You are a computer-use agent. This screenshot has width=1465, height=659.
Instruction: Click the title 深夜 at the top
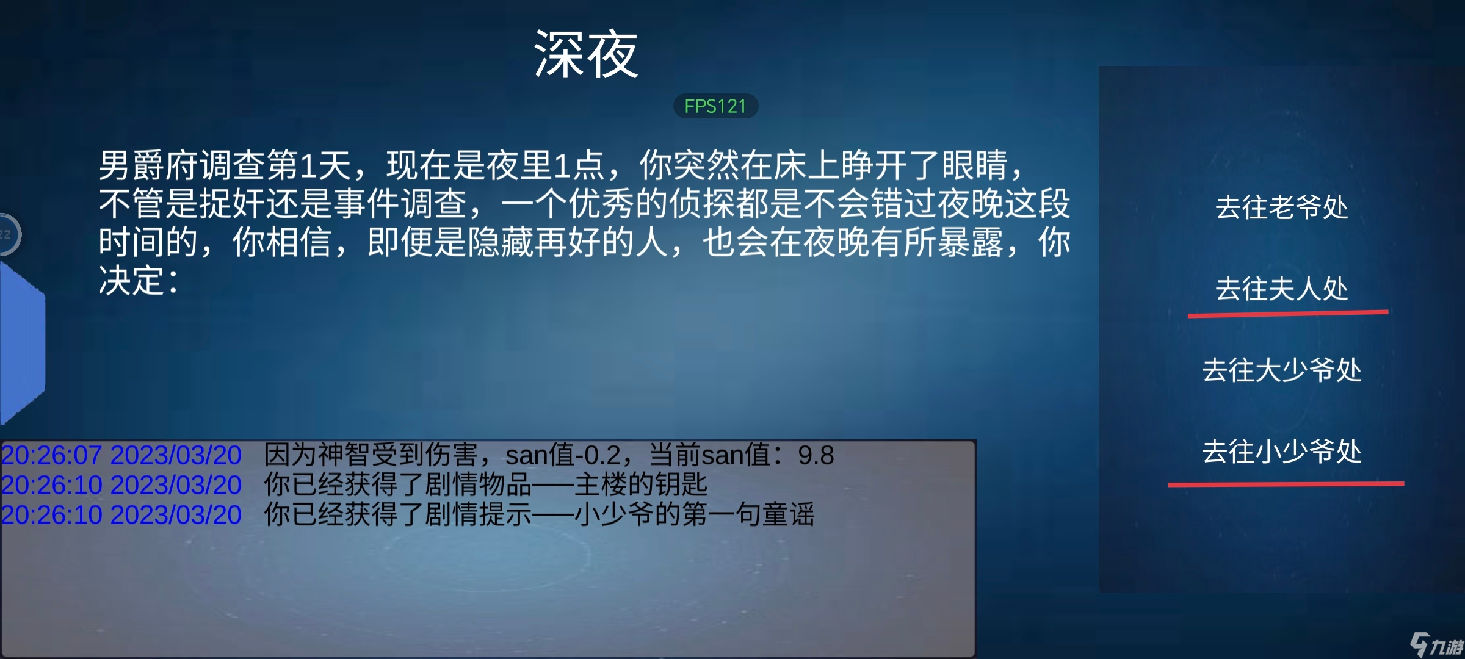586,55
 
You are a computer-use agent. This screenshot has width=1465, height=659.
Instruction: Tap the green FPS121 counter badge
715,106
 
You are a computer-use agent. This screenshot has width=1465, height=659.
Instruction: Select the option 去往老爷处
1281,207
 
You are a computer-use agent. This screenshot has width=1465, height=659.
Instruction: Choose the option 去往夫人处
1281,288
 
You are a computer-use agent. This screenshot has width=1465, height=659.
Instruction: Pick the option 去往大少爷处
1281,370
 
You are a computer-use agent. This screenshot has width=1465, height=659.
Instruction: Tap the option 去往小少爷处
1281,452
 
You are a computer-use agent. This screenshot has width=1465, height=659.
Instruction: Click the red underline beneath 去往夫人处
1288,314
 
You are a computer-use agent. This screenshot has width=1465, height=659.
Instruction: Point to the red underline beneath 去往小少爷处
1286,484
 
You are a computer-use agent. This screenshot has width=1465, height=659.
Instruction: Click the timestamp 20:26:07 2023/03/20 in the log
121,455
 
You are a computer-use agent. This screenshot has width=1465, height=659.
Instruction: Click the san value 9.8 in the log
816,455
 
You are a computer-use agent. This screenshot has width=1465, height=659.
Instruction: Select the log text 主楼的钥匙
640,484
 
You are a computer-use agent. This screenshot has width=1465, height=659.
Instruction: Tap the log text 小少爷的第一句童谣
694,514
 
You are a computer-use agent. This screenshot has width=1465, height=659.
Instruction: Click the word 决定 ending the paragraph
132,281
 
